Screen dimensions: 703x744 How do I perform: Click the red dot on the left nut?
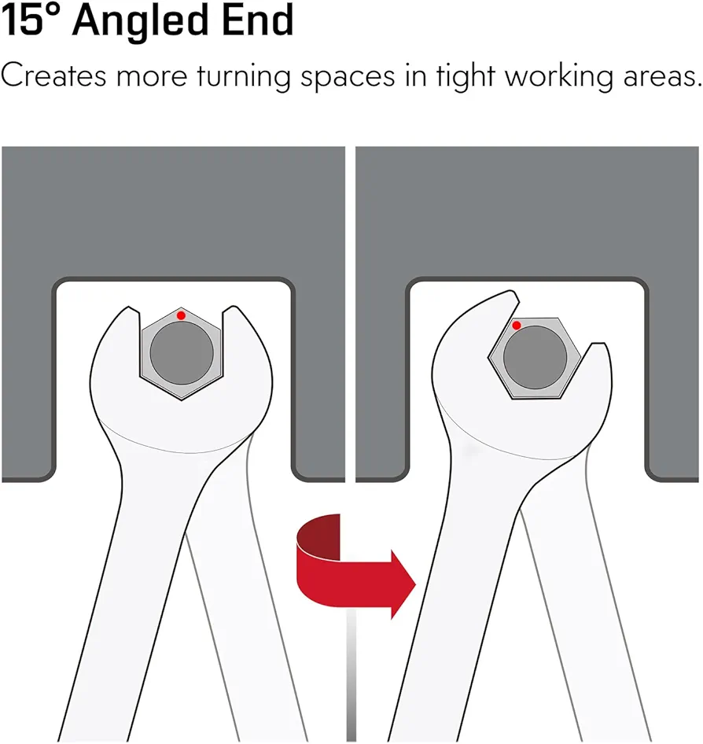181,315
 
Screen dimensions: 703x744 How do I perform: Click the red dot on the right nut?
517,325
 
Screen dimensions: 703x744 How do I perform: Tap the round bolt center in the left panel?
182,352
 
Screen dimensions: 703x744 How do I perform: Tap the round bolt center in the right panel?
535,357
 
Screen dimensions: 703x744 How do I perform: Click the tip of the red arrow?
415,584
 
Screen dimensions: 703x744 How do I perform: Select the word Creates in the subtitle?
53,76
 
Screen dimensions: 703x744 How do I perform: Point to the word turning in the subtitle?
243,77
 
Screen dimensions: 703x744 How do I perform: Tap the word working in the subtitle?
559,77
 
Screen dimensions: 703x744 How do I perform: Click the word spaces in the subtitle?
348,79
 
